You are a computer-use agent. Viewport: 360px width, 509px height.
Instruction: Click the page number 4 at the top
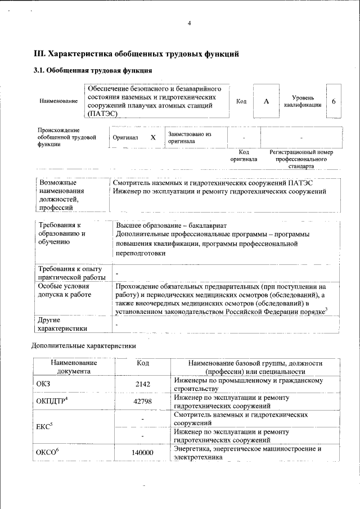click(x=190, y=23)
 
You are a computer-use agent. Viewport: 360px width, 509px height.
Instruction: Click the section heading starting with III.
click(x=137, y=54)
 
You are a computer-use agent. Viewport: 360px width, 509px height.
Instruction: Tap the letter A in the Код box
click(x=267, y=101)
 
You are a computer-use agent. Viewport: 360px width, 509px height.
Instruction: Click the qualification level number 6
click(x=334, y=101)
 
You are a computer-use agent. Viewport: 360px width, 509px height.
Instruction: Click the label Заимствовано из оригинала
click(x=189, y=138)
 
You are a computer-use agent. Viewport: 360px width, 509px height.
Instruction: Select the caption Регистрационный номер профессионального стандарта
click(x=301, y=159)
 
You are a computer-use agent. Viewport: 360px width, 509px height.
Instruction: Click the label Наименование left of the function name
click(x=58, y=101)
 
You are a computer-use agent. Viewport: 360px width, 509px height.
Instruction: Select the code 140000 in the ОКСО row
click(x=143, y=453)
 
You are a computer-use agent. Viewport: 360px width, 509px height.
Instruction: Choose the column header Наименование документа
click(x=73, y=367)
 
